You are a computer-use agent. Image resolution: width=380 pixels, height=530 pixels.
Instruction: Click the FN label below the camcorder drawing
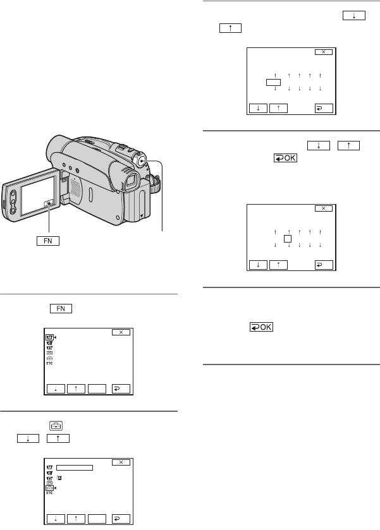pos(48,241)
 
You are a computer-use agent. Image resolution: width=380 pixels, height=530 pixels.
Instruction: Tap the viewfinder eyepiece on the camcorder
pos(131,181)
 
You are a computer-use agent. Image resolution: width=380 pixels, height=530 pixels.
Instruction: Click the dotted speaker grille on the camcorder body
pos(75,188)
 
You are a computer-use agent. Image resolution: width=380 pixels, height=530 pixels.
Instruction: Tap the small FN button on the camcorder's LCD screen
pos(48,203)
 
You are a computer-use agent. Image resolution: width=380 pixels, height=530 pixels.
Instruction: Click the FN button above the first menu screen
pos(61,309)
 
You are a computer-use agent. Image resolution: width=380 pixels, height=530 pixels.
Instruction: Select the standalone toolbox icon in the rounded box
pos(56,426)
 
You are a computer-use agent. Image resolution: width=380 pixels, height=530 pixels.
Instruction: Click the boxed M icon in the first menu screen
pos(49,337)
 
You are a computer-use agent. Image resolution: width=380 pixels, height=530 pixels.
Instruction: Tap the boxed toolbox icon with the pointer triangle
pos(49,488)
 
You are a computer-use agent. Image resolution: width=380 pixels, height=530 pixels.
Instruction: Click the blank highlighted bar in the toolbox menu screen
pos(75,468)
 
